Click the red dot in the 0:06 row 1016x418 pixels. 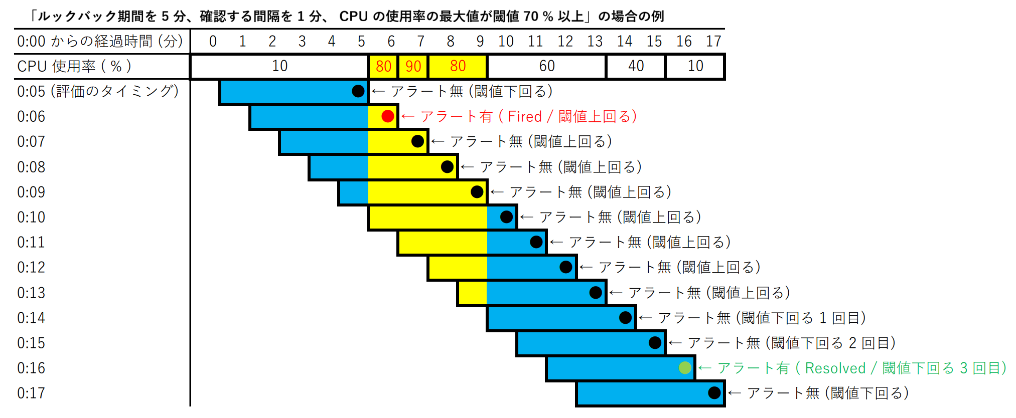(387, 116)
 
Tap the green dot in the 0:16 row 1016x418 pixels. (685, 368)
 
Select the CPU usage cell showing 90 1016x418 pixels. (413, 66)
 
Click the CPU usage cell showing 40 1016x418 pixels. (636, 66)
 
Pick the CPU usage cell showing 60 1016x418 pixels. (546, 66)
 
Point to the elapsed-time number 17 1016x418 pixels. (713, 41)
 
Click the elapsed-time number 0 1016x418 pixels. (213, 41)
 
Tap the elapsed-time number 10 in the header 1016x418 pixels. (506, 41)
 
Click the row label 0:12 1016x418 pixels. (31, 267)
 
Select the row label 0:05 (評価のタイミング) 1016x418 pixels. (98, 91)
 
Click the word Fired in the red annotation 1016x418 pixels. (525, 117)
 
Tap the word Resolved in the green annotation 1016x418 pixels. (835, 368)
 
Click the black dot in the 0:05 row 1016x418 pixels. (358, 91)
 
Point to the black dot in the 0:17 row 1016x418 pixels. (714, 393)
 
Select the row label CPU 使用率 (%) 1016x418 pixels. (74, 66)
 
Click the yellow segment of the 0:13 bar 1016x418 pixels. (472, 293)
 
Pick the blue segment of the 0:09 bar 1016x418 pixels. (354, 192)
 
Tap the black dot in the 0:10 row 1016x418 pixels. (506, 217)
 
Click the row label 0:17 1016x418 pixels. (31, 393)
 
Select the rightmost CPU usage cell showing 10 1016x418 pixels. (695, 66)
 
